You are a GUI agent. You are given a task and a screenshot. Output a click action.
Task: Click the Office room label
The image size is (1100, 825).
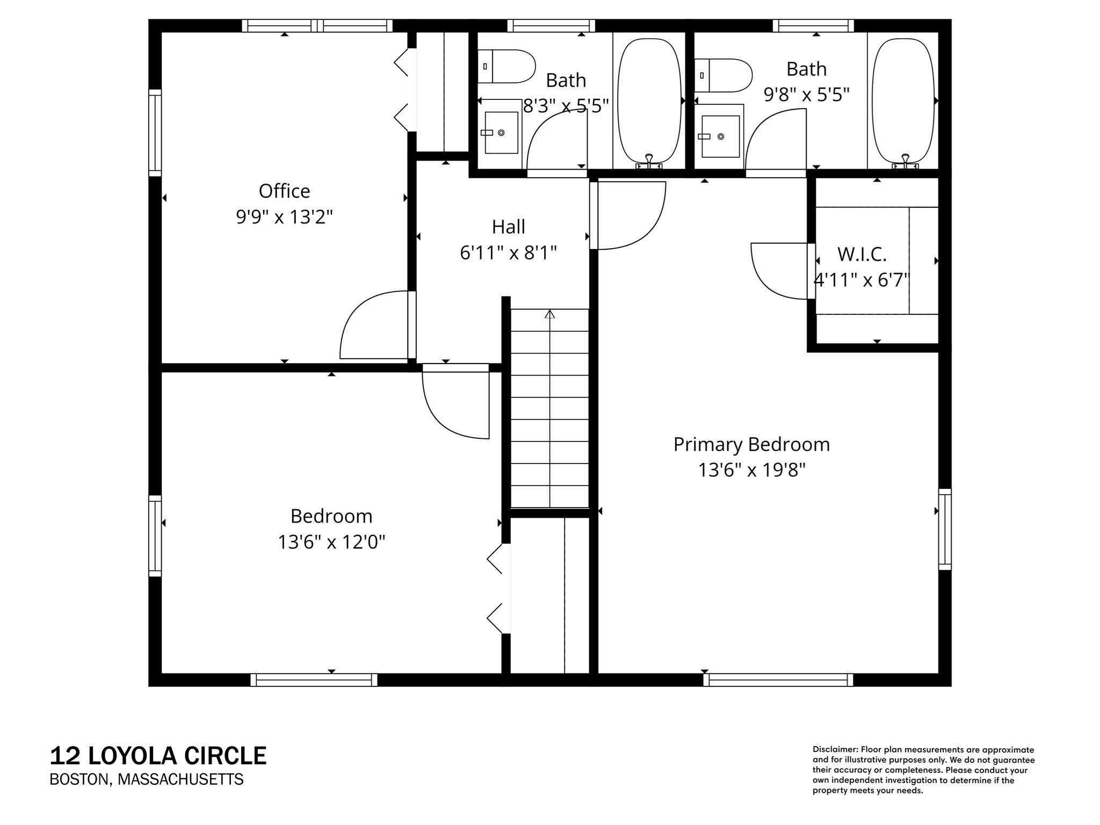284,191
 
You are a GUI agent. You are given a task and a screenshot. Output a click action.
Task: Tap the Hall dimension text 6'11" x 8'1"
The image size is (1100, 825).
508,252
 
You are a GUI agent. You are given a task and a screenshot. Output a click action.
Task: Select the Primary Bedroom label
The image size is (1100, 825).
751,445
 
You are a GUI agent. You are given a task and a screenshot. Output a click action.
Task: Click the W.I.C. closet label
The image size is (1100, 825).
862,255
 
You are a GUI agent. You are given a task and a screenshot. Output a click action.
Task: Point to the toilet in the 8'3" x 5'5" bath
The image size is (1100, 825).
506,67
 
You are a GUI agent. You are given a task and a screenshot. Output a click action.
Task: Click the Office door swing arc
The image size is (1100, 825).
371,325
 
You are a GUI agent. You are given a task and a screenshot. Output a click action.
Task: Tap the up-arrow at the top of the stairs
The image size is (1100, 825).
549,314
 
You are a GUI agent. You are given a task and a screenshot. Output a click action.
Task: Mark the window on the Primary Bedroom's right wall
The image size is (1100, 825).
945,529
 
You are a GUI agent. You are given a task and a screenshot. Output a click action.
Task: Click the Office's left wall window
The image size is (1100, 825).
155,133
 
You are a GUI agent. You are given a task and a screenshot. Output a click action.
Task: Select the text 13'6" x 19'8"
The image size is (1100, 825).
751,471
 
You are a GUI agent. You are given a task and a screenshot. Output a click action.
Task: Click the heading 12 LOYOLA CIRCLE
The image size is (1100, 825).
158,756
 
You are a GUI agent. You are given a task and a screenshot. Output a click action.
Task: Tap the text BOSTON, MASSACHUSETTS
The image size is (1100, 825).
146,779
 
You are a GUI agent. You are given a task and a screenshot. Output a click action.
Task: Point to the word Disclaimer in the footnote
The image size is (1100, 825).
835,750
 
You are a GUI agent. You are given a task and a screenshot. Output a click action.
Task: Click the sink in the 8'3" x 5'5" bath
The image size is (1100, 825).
501,133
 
